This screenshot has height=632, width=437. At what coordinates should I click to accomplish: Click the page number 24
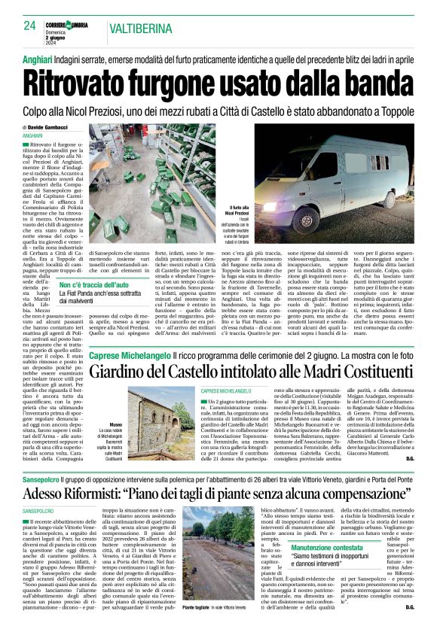(x=29, y=26)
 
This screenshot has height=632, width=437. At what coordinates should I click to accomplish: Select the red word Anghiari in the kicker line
(x=36, y=57)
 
